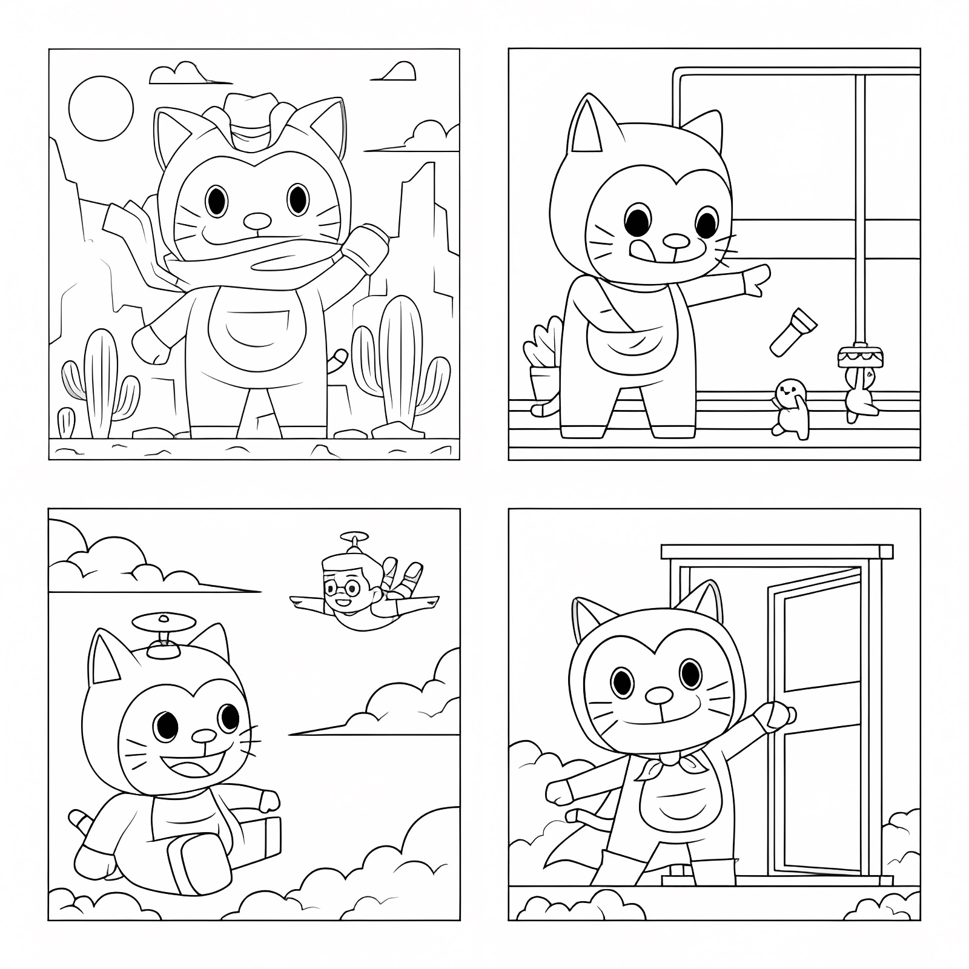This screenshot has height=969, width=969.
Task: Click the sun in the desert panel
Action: (101, 108)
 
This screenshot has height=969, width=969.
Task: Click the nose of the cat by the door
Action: (659, 695)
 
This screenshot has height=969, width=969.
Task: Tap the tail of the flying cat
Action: (81, 821)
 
